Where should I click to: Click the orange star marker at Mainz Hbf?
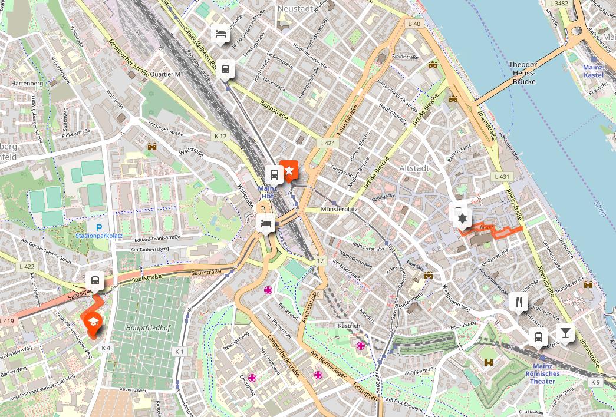[289, 170]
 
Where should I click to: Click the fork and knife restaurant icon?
[519, 302]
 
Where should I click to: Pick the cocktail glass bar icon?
[565, 333]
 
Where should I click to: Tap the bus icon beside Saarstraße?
[94, 280]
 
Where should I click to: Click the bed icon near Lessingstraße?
[220, 33]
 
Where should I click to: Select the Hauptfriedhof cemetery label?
[144, 326]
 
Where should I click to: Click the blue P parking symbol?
[99, 227]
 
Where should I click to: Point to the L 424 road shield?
[328, 143]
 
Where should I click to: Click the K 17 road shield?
[220, 136]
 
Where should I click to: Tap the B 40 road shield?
[414, 24]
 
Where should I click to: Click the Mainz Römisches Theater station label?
[542, 377]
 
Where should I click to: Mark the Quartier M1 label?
[167, 75]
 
